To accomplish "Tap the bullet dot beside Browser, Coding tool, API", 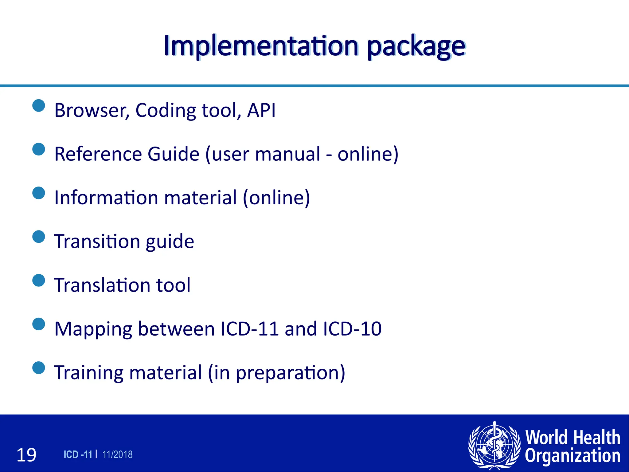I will tap(39, 106).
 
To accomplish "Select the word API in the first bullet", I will tap(261, 110).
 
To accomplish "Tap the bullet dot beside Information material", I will tap(39, 193).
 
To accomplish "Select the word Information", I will tap(106, 197).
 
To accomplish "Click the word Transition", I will tap(96, 241).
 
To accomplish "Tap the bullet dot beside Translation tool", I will tap(39, 280).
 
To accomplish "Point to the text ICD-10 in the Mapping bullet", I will tap(352, 328).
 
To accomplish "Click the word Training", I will tap(89, 373).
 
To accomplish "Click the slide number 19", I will tap(26, 455).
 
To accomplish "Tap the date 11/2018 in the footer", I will tap(117, 454).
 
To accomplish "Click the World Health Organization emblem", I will tap(494, 445).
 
